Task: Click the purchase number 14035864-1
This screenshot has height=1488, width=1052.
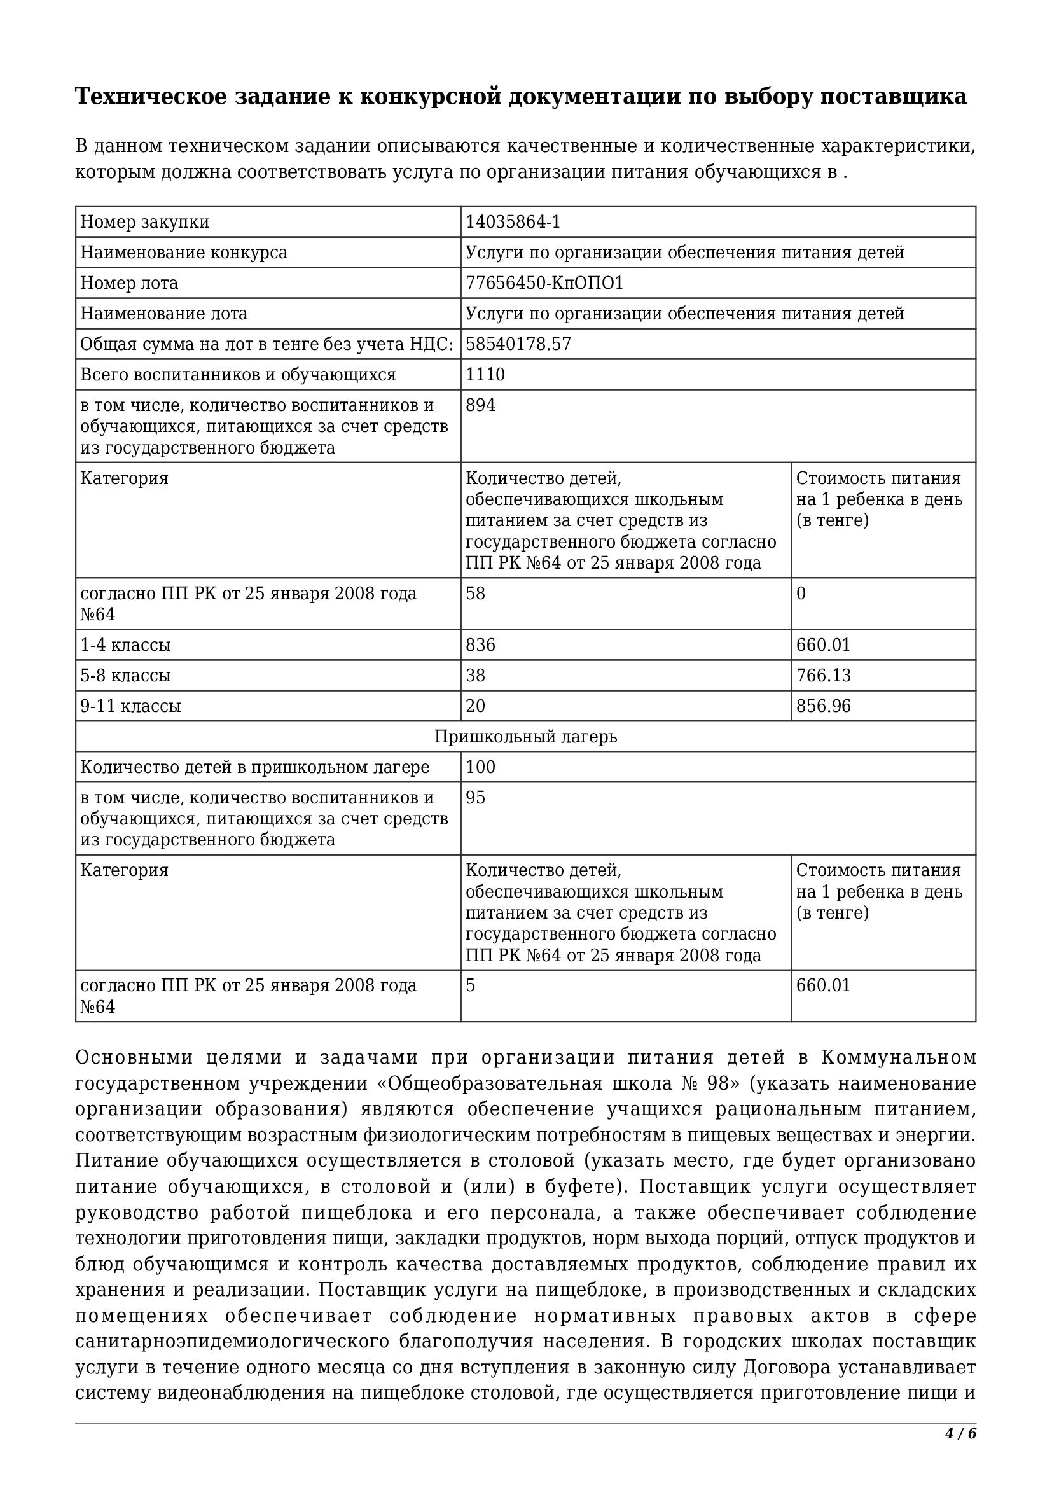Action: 513,222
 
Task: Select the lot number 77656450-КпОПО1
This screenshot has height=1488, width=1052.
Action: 544,283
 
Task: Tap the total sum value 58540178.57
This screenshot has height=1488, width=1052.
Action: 518,344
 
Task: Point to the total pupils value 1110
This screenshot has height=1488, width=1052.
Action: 485,375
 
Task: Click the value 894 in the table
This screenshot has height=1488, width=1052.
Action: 481,405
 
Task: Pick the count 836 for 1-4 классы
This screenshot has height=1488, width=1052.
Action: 481,645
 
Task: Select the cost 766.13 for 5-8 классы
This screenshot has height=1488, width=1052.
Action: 823,676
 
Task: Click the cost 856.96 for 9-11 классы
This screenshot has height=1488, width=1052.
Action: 823,706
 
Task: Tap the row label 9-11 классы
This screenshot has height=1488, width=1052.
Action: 130,706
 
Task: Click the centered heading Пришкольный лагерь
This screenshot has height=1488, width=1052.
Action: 525,737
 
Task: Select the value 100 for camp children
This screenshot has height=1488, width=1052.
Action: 481,767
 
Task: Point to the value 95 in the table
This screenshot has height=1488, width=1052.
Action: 476,798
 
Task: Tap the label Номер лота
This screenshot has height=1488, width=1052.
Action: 129,283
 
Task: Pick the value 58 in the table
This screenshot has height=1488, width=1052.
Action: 476,594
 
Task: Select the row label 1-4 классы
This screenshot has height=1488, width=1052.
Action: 126,645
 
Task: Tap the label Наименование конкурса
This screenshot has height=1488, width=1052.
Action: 184,253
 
